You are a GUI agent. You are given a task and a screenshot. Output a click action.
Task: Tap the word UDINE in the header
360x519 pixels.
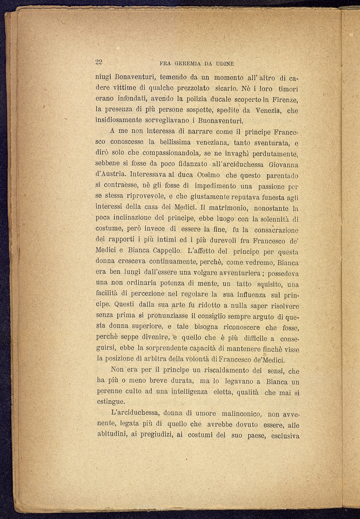[224, 64]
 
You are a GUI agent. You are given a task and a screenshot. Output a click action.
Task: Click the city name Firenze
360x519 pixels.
[285, 100]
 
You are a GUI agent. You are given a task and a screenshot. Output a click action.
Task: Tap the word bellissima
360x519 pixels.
[175, 143]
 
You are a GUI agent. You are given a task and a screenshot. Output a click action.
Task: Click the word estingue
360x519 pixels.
[110, 402]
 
